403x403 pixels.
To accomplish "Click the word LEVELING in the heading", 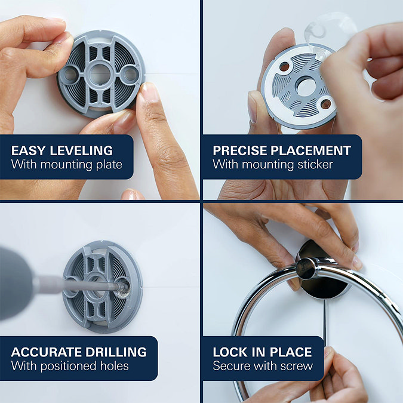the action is pyautogui.click(x=81, y=150).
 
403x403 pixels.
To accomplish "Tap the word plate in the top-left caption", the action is pyautogui.click(x=109, y=165).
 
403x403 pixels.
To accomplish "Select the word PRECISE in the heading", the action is pyautogui.click(x=240, y=150).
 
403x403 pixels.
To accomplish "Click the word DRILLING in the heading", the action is pyautogui.click(x=116, y=352).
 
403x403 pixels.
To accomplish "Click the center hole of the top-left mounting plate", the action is pyautogui.click(x=100, y=74).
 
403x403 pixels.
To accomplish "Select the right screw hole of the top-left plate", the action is pyautogui.click(x=130, y=74).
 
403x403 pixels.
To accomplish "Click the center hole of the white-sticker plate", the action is pyautogui.click(x=306, y=88).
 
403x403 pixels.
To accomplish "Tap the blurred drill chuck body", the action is pyautogui.click(x=16, y=284).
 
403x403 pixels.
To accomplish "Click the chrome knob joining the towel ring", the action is pyautogui.click(x=306, y=268).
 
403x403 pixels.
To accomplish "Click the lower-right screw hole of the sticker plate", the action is pyautogui.click(x=325, y=104).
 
